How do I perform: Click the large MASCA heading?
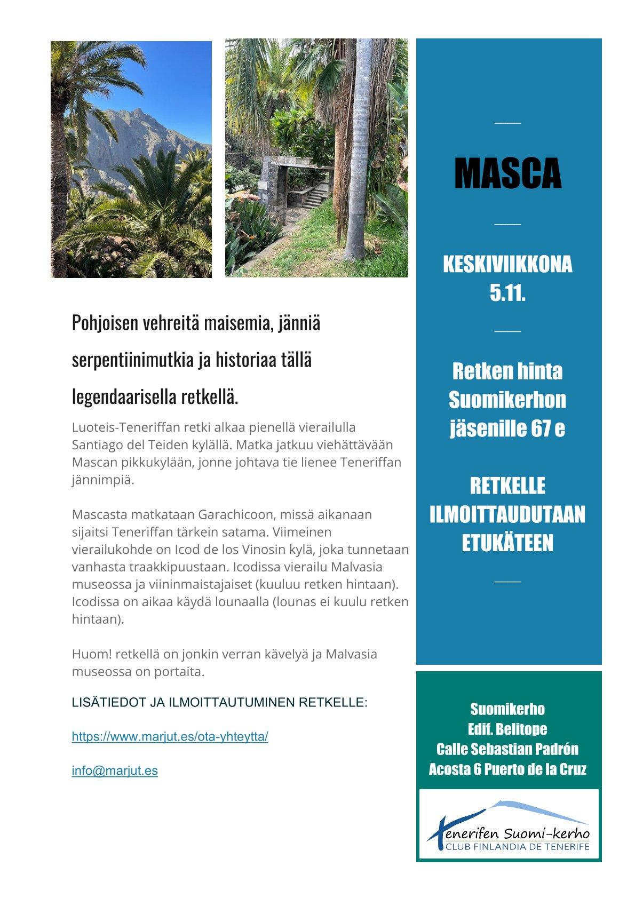[x=507, y=174]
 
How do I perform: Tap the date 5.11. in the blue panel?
[x=507, y=292]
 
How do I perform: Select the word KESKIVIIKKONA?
[x=507, y=265]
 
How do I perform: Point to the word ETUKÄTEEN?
[x=507, y=543]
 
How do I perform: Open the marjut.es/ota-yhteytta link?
[x=170, y=737]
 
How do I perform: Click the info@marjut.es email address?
[x=115, y=771]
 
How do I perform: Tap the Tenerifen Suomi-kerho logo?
[x=509, y=825]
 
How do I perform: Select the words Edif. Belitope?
[x=507, y=729]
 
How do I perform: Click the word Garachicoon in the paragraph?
[x=232, y=515]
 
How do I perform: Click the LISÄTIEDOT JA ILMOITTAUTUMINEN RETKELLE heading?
[x=219, y=702]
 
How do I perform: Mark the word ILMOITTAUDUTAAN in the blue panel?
[x=507, y=515]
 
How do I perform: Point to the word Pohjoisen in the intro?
[x=105, y=323]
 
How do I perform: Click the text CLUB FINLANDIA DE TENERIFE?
[x=517, y=847]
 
